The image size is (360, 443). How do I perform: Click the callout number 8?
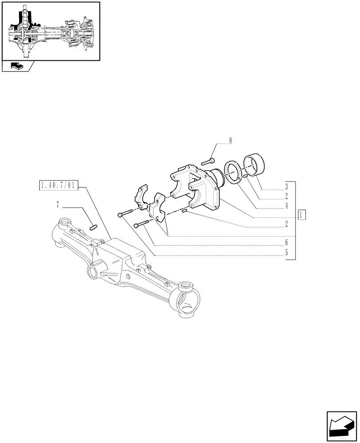tap(230, 141)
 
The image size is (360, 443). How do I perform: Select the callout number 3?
tap(287, 187)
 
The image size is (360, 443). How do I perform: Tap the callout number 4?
tap(287, 206)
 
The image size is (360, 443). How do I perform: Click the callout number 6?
tap(287, 243)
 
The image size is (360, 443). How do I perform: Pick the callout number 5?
tap(287, 253)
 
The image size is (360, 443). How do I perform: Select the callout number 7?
tap(58, 205)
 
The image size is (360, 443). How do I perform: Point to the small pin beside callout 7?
tap(93, 228)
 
